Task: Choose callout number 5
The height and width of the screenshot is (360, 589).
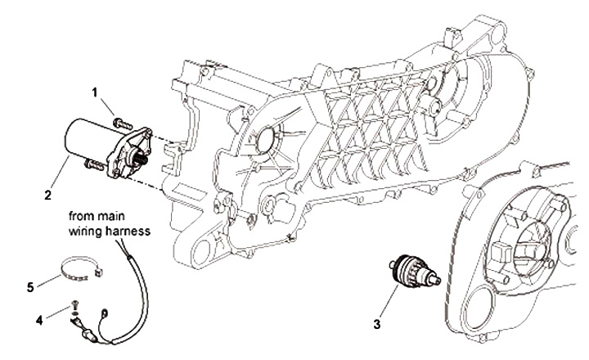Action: pyautogui.click(x=32, y=286)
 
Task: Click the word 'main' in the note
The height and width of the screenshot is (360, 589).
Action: pyautogui.click(x=119, y=217)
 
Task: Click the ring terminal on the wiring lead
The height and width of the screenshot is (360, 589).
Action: pyautogui.click(x=103, y=309)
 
